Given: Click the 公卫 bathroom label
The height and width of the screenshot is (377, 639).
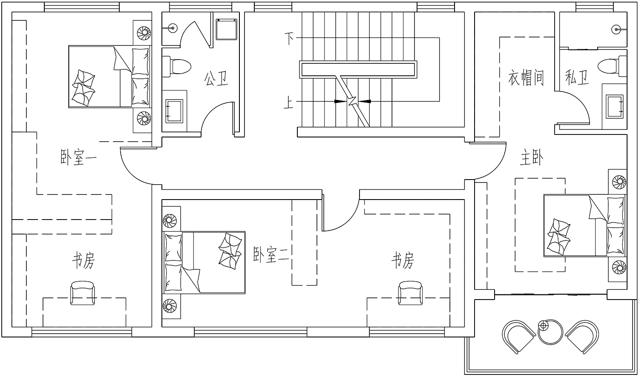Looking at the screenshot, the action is click(x=216, y=79).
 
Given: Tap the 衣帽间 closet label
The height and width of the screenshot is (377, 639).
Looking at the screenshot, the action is click(x=526, y=78).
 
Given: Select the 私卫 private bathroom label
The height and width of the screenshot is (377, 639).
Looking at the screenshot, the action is click(x=577, y=77).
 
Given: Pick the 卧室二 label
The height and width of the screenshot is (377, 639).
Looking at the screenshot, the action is click(x=271, y=254).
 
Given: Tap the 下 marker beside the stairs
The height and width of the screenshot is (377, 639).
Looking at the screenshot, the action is click(x=289, y=38).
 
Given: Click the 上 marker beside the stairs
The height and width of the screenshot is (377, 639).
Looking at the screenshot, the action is click(x=288, y=102).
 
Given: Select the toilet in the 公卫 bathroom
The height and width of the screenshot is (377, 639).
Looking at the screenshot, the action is click(x=176, y=66).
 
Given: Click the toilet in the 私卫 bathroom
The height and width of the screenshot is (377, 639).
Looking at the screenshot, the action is click(x=612, y=66).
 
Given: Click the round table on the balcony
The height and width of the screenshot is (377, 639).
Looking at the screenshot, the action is click(x=550, y=331).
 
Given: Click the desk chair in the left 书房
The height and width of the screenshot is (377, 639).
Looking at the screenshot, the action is click(x=83, y=293).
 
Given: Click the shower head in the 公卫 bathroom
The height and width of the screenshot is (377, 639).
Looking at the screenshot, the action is click(x=172, y=28).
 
